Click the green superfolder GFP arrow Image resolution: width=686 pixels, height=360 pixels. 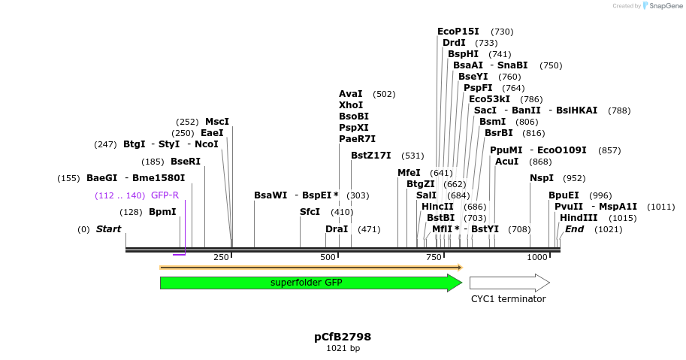coord(307,283)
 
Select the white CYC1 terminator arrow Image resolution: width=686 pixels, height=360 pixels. coord(509,283)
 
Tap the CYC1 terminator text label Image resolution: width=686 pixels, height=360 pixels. coord(508,299)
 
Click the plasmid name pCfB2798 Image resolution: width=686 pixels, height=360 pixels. coord(343,337)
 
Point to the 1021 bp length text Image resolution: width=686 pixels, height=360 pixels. coord(343,349)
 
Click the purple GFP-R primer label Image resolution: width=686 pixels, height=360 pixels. coord(165,195)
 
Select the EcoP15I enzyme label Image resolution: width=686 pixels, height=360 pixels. coord(458,32)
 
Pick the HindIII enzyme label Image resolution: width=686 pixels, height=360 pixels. coord(579,218)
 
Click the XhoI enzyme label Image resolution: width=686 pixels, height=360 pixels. coord(351,105)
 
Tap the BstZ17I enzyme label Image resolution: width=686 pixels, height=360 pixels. coord(371,156)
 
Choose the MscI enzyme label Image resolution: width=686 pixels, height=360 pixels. coord(217,122)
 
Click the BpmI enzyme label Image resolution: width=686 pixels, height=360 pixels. coord(162,212)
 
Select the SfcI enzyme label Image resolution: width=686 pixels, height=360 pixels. coord(310,212)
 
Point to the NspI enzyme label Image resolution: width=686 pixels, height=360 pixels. coord(542,178)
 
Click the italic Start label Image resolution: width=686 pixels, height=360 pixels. coord(108,229)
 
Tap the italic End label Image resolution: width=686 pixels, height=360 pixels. coord(574,229)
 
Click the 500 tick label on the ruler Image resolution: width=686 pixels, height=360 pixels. coord(328,258)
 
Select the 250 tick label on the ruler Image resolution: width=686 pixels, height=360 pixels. coord(221,258)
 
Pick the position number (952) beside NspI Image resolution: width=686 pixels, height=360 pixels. coord(574,178)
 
